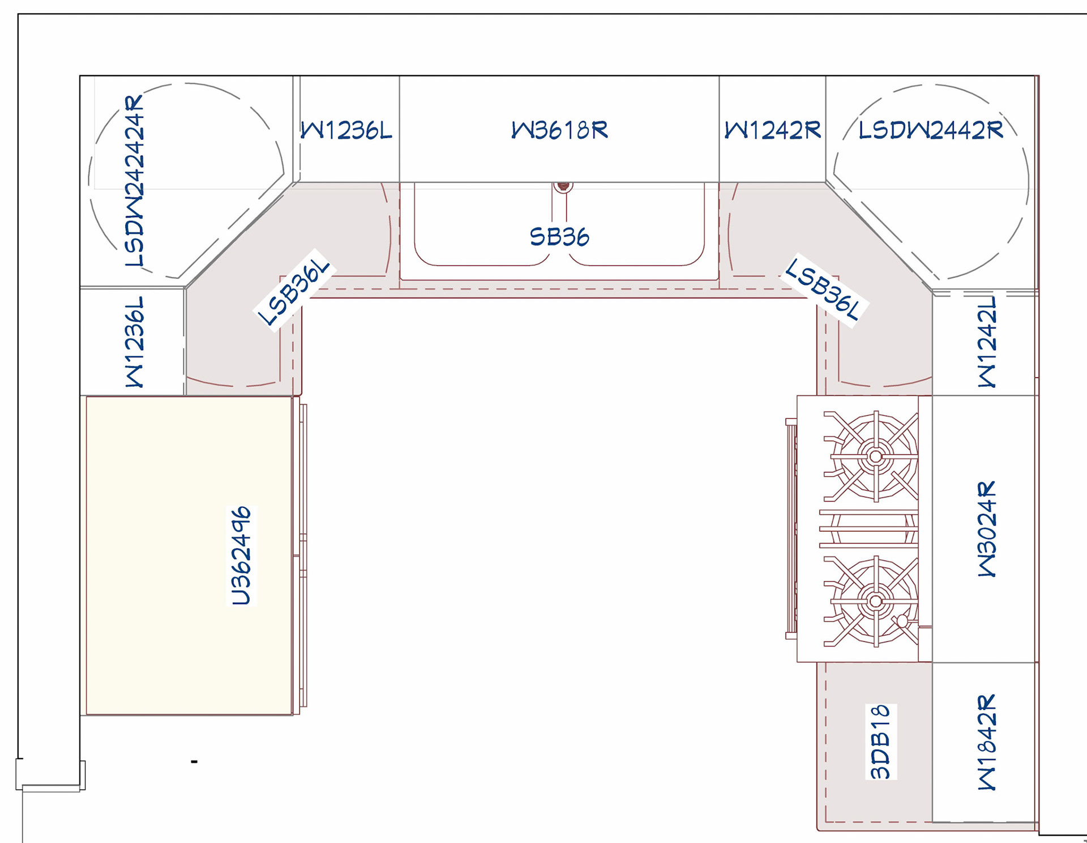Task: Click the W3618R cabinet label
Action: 559,130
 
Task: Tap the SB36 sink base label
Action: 559,237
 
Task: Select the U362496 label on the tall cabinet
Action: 241,556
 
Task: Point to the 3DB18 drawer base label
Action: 880,742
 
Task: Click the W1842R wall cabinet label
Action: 987,742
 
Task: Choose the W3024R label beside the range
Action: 987,529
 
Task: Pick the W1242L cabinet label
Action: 987,342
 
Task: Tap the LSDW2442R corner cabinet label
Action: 931,130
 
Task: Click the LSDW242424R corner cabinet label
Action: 135,181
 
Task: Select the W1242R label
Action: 773,130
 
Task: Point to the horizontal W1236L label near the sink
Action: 346,130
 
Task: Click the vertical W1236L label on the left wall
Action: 135,342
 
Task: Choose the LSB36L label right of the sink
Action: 824,289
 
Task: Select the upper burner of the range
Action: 875,456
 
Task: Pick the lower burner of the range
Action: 875,601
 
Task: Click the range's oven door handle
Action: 790,529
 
